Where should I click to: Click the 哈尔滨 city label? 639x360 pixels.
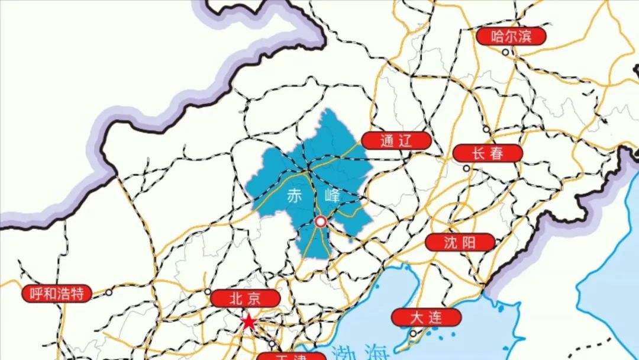pos(512,36)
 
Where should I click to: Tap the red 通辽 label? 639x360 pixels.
pos(396,140)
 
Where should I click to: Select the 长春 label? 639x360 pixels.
pos(488,153)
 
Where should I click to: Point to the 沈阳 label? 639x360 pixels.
pos(460,242)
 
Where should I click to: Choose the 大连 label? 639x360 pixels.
pos(426,317)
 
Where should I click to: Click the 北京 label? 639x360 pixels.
pos(244,298)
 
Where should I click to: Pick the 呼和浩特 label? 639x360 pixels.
pos(57,293)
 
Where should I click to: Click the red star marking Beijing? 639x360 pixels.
pos(248,323)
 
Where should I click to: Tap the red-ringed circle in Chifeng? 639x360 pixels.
pos(320,222)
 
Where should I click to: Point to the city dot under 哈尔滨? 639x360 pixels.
pos(506,52)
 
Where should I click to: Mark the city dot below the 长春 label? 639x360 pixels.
pos(467,168)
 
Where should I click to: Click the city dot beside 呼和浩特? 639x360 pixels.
pos(109,292)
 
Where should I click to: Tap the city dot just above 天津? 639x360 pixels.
pos(272,343)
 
